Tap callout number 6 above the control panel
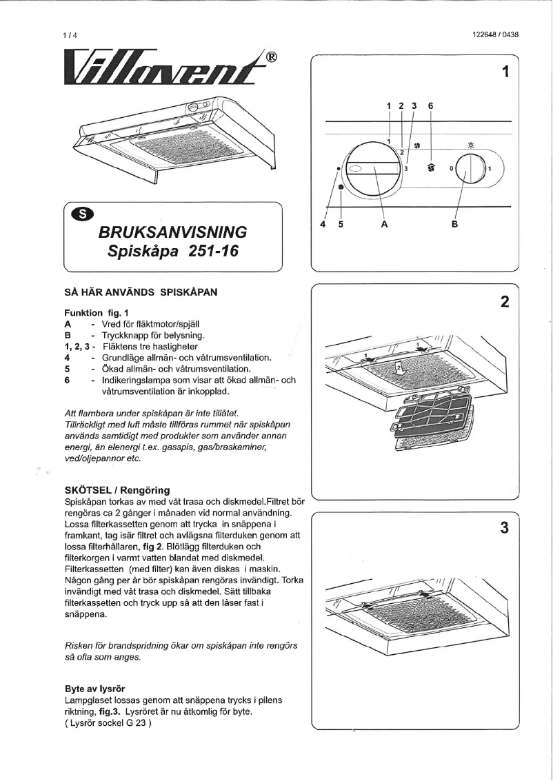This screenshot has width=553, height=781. (x=430, y=106)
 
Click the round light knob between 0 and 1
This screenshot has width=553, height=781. (x=471, y=168)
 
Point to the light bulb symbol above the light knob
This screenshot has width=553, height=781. (x=471, y=145)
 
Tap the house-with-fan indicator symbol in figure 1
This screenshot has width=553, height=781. (x=432, y=167)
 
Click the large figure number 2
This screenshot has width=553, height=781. (x=505, y=302)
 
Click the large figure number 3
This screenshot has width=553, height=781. (x=505, y=529)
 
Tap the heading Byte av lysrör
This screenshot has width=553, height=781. (x=94, y=688)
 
